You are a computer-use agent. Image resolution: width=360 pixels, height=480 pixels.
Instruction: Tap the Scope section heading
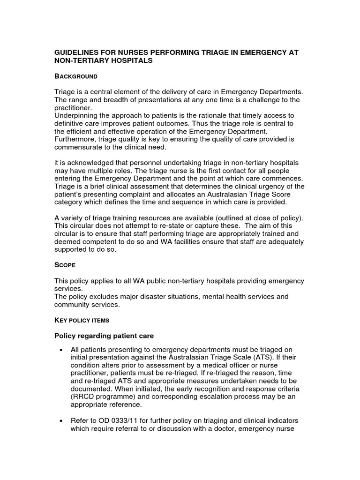coord(65,265)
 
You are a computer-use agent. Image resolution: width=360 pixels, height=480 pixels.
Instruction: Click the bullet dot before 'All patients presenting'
coord(61,350)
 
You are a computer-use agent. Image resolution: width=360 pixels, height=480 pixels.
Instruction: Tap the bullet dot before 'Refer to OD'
coord(61,420)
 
